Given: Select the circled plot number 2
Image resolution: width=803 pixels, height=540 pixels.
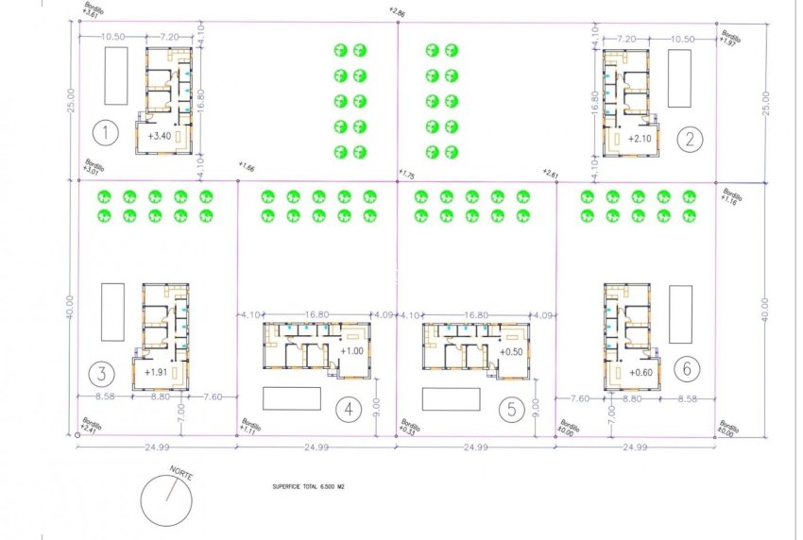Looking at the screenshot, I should tap(691, 140).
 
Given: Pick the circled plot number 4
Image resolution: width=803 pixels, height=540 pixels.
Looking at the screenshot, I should tap(349, 409).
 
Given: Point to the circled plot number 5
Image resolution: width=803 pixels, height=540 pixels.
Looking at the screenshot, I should tap(510, 409).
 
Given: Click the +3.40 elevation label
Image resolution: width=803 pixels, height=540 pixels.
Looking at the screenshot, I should tap(160, 136).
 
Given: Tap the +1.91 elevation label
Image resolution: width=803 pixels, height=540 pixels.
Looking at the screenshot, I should tap(156, 372).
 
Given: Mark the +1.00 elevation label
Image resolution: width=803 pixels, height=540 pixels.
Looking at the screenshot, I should tap(351, 351).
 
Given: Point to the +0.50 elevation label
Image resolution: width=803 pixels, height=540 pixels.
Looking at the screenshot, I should tap(511, 351).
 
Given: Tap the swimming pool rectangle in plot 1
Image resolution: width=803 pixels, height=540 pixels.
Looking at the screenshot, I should tap(115, 76).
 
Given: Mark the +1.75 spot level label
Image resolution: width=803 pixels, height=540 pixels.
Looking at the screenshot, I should tap(407, 175).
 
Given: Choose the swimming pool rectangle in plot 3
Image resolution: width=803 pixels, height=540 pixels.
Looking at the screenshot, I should tap(113, 312).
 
